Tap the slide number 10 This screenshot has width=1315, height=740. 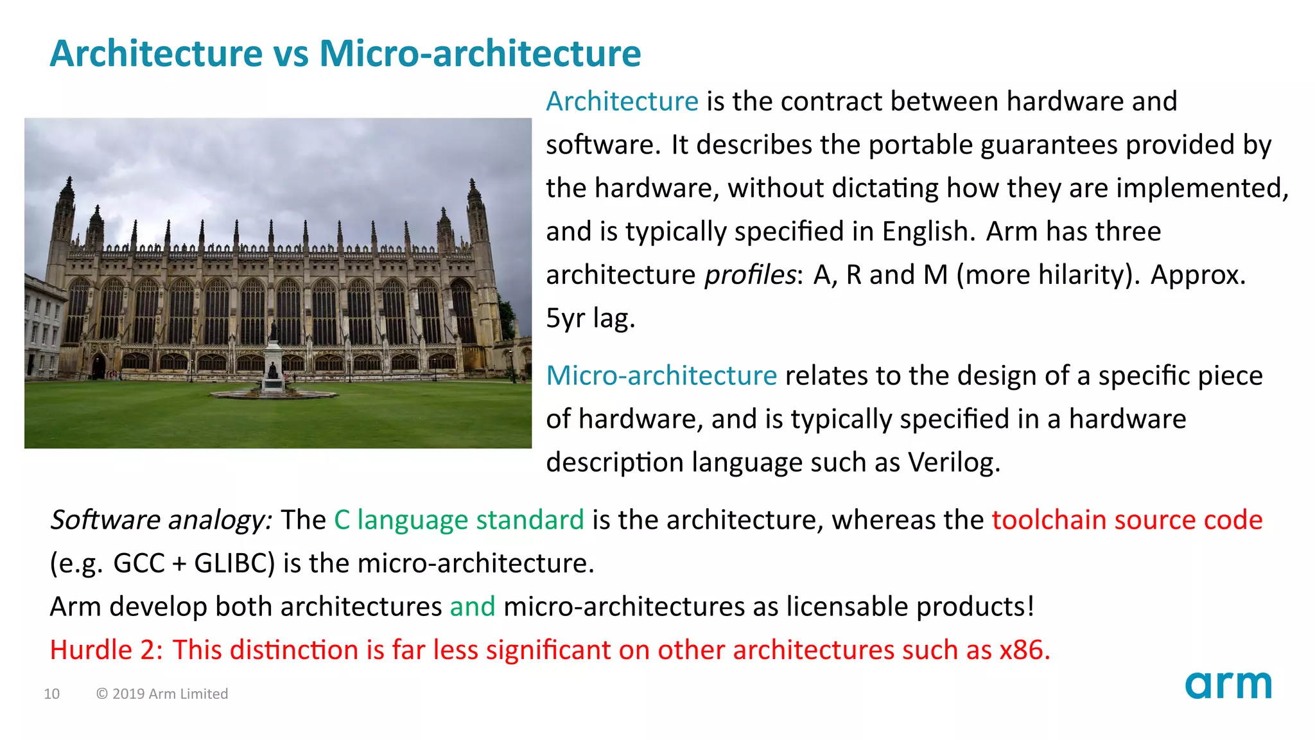coord(52,694)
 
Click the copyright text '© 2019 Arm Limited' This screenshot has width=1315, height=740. coord(162,694)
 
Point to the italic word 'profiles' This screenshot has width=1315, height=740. coord(750,275)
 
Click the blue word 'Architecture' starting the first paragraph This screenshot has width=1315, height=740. coord(622,101)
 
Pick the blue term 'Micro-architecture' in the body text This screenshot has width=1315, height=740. coord(661,376)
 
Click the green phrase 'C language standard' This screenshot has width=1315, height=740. coord(458,520)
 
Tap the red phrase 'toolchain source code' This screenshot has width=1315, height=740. coord(1127,520)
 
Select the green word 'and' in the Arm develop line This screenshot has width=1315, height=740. coord(473,606)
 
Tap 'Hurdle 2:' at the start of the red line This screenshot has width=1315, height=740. coord(107,650)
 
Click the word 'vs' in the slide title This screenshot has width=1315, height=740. coord(291,53)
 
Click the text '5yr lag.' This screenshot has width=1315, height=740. coord(590,318)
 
